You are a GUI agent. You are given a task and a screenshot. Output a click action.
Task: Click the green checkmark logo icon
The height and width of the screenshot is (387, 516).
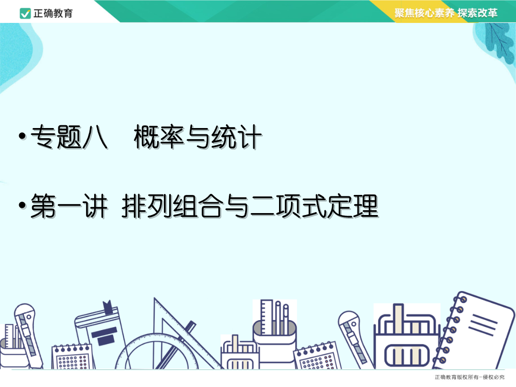click(25, 13)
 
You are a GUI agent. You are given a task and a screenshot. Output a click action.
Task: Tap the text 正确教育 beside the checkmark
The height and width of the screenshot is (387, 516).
click(53, 13)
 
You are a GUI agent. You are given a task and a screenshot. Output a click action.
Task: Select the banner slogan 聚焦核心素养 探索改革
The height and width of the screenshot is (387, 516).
click(446, 13)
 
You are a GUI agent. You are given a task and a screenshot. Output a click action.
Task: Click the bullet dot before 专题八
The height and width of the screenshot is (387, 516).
click(22, 136)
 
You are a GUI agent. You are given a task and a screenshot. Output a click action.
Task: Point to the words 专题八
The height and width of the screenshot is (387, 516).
click(69, 137)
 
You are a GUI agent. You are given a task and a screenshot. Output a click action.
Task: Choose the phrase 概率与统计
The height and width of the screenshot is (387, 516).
click(198, 137)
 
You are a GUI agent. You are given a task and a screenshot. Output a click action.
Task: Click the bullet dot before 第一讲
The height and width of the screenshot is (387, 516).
click(22, 205)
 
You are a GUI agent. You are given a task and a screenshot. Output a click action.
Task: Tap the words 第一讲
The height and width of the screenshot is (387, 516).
click(69, 206)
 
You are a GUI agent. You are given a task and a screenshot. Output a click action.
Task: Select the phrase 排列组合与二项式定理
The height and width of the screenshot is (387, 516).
click(250, 206)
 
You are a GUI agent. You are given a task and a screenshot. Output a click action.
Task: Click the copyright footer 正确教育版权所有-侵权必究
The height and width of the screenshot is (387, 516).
click(470, 377)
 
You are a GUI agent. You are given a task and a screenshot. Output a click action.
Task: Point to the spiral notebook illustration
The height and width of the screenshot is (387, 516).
click(474, 330)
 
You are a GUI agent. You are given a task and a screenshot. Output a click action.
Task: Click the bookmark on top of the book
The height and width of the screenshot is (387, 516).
click(108, 307)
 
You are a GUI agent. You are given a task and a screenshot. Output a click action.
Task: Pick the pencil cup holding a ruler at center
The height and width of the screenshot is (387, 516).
click(275, 333)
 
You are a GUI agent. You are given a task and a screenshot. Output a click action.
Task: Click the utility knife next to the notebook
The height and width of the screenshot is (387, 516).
click(355, 339)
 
